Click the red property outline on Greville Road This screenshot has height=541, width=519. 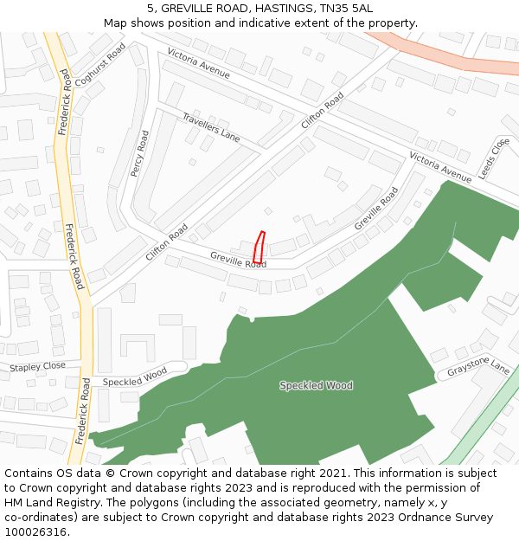[x=259, y=248]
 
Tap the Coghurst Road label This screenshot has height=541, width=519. [x=101, y=64]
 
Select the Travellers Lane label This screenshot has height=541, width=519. [x=211, y=126]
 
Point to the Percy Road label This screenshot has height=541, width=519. [x=140, y=153]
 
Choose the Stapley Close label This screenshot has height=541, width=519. [x=37, y=367]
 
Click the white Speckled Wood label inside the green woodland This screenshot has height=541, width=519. [x=316, y=385]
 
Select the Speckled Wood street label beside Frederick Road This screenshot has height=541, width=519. [x=135, y=377]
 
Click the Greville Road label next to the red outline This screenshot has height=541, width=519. [x=238, y=259]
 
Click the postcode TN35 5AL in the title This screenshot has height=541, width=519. [x=347, y=9]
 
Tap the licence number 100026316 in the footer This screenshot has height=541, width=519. [x=36, y=531]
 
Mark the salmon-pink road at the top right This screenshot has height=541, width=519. [x=450, y=55]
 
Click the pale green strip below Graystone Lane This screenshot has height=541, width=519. [x=480, y=415]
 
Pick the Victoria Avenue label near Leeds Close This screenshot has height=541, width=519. [x=440, y=166]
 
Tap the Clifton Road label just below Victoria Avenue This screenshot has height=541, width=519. [x=323, y=111]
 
